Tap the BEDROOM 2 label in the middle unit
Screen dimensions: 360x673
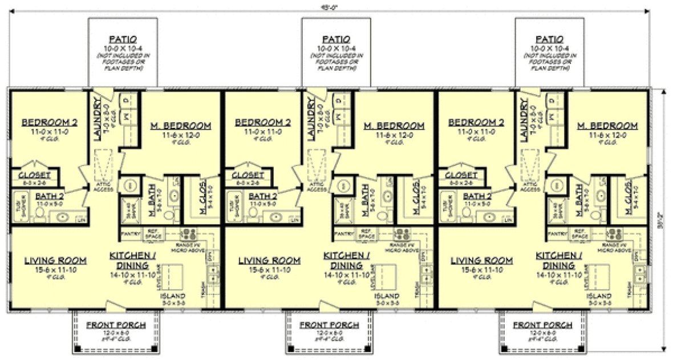(263, 122)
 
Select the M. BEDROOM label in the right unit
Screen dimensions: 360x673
(607, 126)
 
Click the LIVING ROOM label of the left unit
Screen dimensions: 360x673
(55, 261)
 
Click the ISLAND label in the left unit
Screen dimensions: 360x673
(172, 296)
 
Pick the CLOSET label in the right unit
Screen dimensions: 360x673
(461, 176)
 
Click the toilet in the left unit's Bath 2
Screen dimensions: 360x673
(40, 213)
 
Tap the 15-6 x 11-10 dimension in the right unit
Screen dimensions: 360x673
(481, 270)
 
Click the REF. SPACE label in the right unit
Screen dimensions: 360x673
(579, 234)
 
